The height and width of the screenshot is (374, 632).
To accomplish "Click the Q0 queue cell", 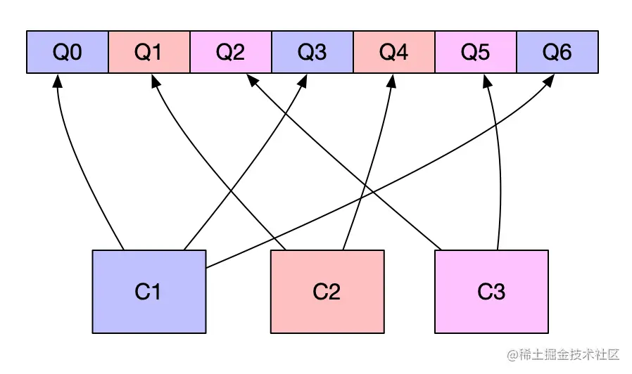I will (x=68, y=52).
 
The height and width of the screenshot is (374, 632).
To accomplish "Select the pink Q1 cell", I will (x=149, y=52).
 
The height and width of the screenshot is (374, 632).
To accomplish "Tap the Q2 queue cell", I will (x=231, y=52).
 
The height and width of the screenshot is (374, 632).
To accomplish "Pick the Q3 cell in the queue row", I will (x=312, y=52).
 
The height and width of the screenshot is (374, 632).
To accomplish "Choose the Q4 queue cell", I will (x=394, y=52).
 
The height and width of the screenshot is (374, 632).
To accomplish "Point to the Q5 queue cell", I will (x=476, y=52).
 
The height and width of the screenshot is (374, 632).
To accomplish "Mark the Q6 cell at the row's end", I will (x=557, y=52).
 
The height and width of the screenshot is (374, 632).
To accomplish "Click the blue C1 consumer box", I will (x=149, y=291).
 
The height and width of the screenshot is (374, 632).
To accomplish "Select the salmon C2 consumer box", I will (x=327, y=291).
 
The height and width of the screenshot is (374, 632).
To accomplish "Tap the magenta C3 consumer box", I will (x=491, y=291).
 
